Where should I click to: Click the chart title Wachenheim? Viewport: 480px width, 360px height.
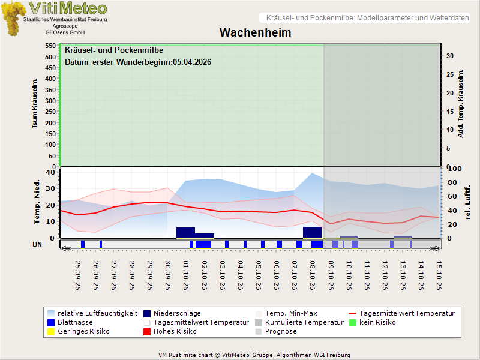point(256,32)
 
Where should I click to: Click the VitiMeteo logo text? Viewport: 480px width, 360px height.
point(68,8)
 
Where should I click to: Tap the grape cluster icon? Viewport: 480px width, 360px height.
point(13,19)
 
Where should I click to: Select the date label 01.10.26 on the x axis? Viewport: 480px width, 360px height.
point(186,275)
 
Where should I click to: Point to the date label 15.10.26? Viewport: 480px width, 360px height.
point(439,275)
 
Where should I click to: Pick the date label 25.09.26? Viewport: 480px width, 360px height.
point(77,275)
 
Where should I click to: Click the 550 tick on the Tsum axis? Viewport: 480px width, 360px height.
point(50,46)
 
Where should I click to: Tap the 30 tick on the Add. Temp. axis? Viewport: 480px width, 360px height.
point(449,56)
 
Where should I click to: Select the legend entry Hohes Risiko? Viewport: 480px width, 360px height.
point(170,332)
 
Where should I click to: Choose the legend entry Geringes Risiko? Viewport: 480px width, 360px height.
point(79,332)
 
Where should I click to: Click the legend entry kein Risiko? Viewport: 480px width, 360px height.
point(372,322)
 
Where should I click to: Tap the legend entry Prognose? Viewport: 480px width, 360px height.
point(276,332)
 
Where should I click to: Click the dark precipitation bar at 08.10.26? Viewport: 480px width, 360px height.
point(312,232)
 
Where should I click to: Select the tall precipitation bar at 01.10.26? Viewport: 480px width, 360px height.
point(185,233)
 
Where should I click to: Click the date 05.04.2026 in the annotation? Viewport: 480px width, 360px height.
point(192,62)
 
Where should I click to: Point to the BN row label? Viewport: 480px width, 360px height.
point(37,244)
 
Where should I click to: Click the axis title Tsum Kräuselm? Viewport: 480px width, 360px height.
point(35,103)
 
